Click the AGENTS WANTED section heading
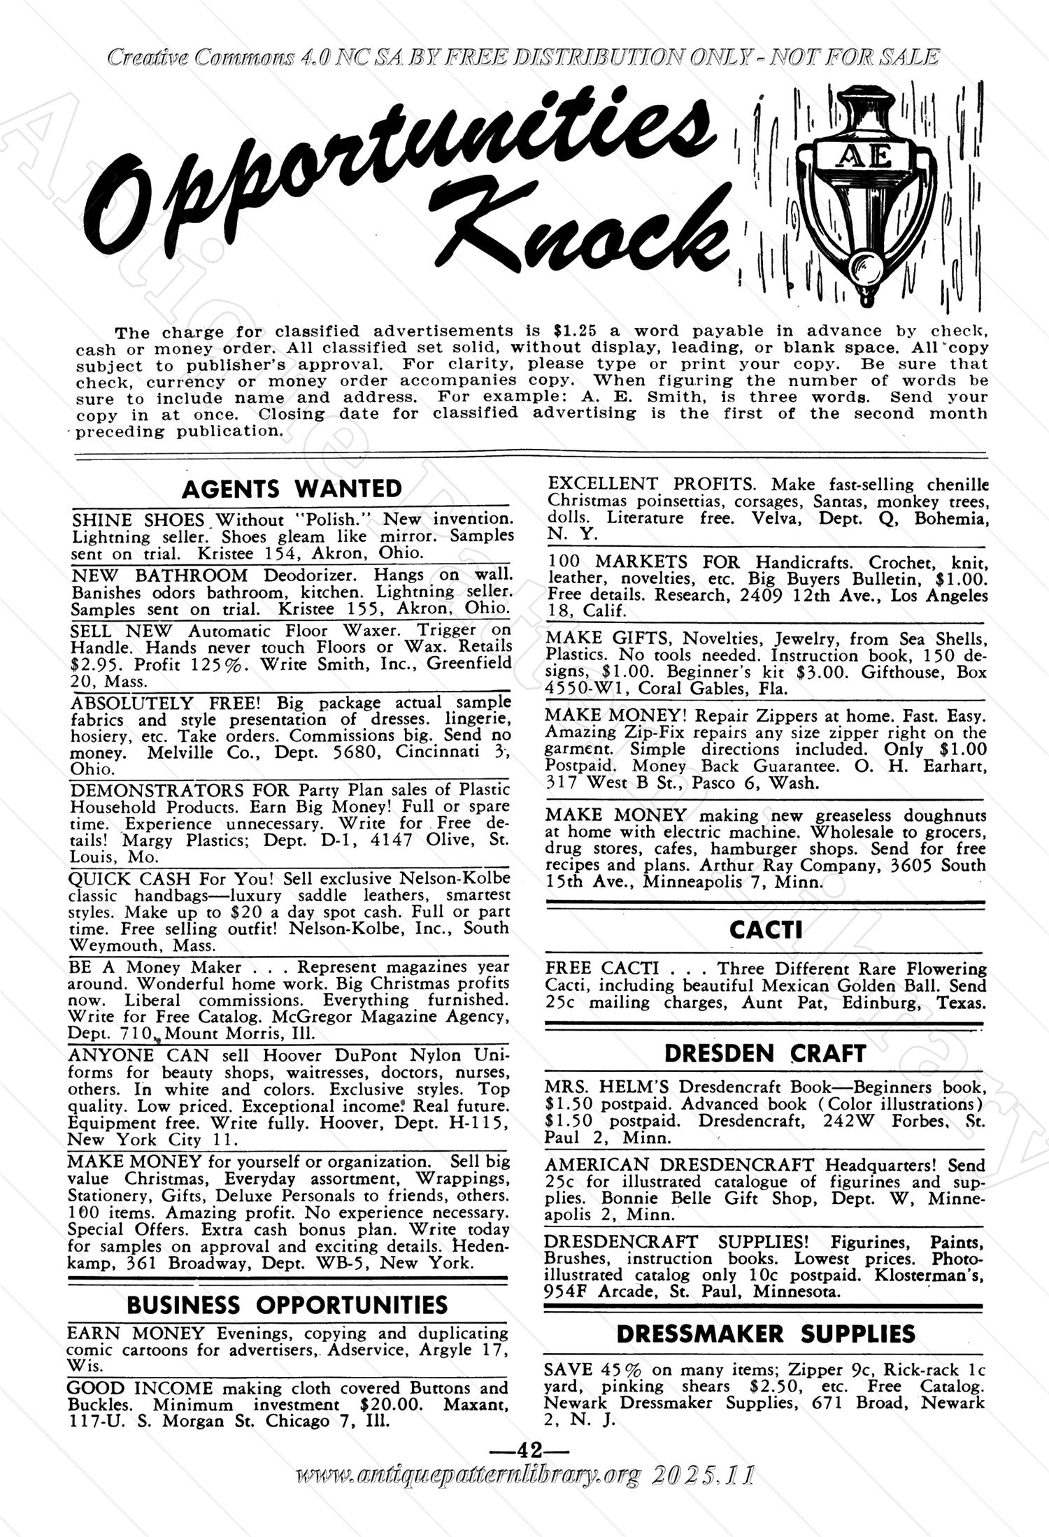point(292,489)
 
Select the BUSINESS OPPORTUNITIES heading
point(287,1305)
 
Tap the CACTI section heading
point(765,930)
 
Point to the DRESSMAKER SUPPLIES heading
point(765,1334)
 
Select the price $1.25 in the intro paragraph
point(573,330)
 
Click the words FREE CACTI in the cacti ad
point(602,968)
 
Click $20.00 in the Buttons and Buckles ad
point(392,1405)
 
